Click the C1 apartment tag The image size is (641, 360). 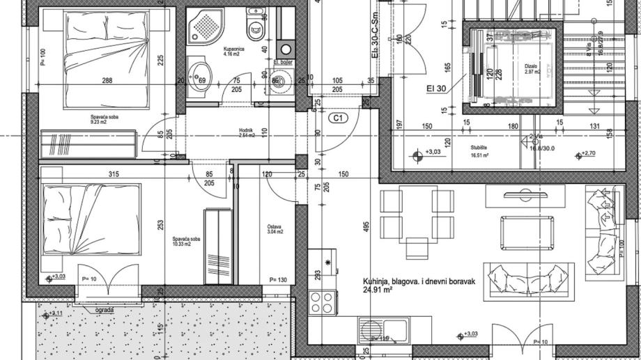point(339,118)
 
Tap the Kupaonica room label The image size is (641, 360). point(233,49)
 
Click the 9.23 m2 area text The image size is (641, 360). point(104,123)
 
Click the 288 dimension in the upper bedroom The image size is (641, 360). point(107,81)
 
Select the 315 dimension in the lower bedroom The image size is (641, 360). point(107,174)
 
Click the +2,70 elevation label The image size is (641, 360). point(589,154)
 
